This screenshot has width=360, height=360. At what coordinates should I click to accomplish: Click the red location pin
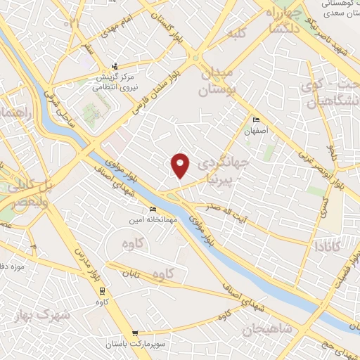[x=181, y=165]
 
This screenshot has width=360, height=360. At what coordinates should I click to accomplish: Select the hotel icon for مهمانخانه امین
[x=153, y=210]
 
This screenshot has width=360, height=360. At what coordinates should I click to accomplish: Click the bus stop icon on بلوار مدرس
[x=102, y=290]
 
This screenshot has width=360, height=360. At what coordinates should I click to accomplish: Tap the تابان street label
[x=134, y=274]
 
